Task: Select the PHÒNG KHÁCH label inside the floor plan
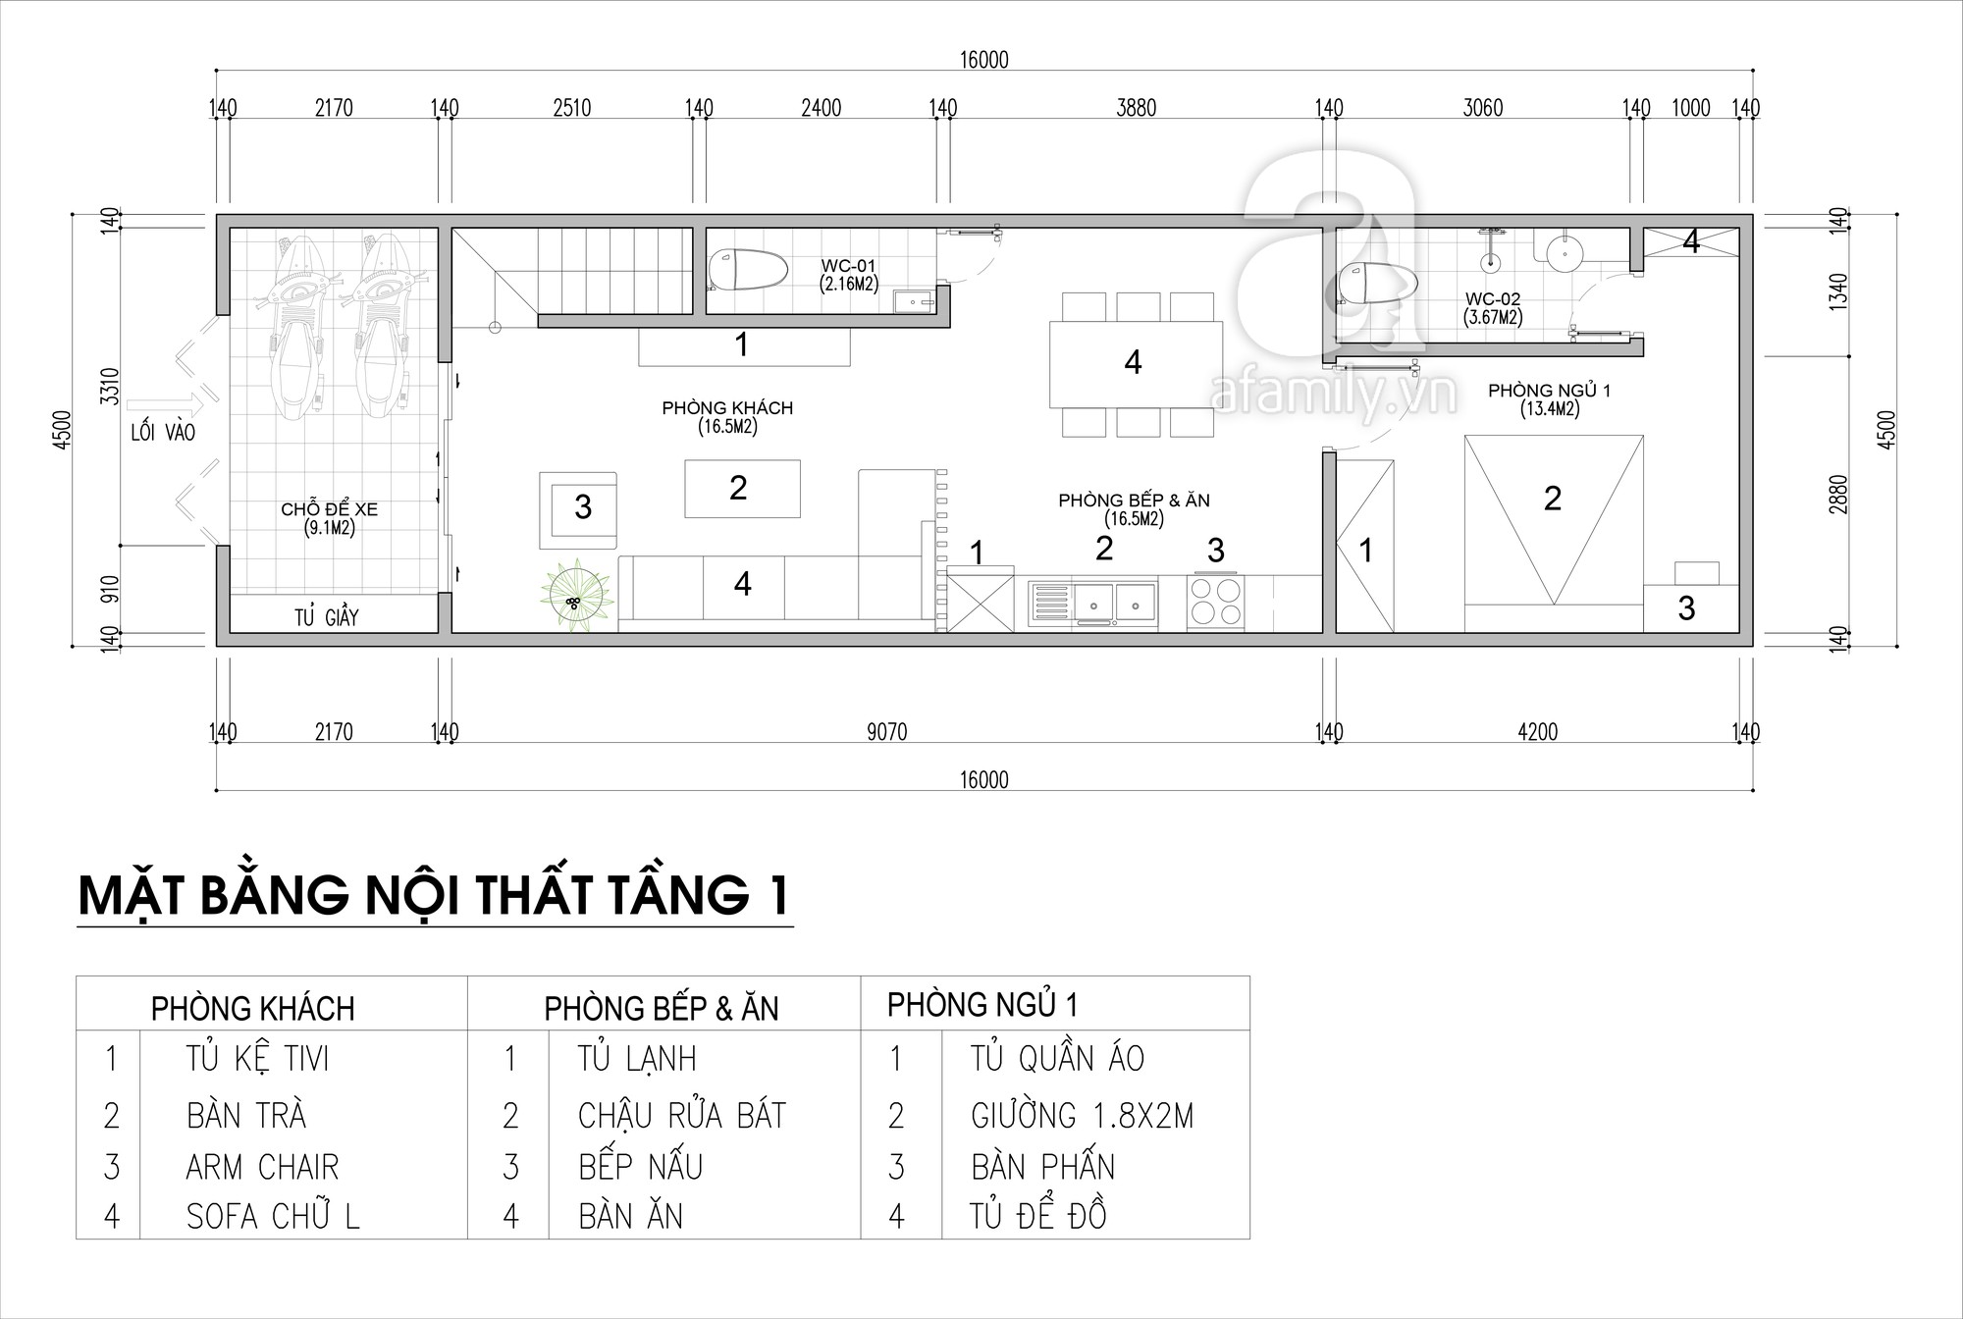point(727,407)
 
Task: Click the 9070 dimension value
point(887,732)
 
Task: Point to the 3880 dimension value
point(1136,108)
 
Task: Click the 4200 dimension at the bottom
point(1537,732)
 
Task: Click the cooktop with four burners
point(1216,601)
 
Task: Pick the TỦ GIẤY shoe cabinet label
point(327,617)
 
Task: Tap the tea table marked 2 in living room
point(742,489)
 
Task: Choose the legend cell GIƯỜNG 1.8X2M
point(1082,1116)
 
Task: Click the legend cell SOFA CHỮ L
point(273,1217)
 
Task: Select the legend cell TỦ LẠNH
point(637,1059)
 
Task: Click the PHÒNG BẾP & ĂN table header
point(662,1008)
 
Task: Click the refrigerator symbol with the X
point(979,601)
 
